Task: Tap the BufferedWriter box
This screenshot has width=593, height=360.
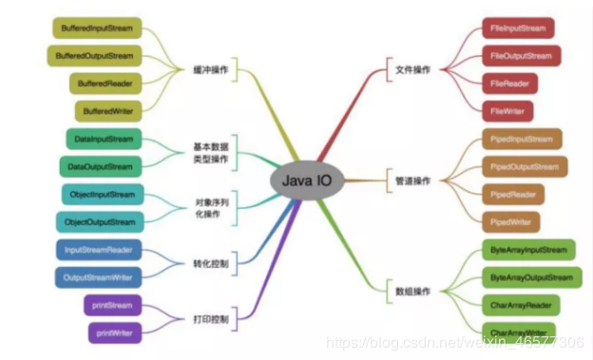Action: pos(107,111)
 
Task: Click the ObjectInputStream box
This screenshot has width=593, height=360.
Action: pos(103,195)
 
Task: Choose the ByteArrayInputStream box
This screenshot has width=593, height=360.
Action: pos(529,251)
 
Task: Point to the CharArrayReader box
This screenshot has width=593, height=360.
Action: pos(522,306)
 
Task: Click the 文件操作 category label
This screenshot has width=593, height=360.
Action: pos(412,70)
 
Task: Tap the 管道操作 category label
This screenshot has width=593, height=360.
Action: pos(412,180)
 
